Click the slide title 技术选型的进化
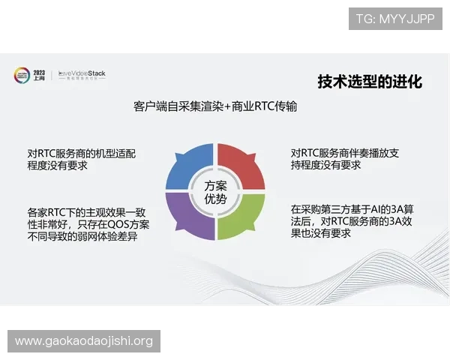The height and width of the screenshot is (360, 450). click(x=370, y=82)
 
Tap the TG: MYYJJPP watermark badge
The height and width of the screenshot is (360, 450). click(x=395, y=19)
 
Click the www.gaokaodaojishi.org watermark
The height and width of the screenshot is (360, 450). click(x=84, y=341)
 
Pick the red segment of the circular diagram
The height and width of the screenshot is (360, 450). click(x=242, y=163)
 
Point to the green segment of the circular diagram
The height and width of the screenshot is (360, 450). click(x=242, y=219)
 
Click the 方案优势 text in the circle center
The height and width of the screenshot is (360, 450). click(x=214, y=191)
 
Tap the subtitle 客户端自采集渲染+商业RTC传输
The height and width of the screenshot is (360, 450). click(x=215, y=106)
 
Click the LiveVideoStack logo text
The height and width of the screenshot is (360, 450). click(x=82, y=73)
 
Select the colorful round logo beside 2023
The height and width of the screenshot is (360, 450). click(x=21, y=75)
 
